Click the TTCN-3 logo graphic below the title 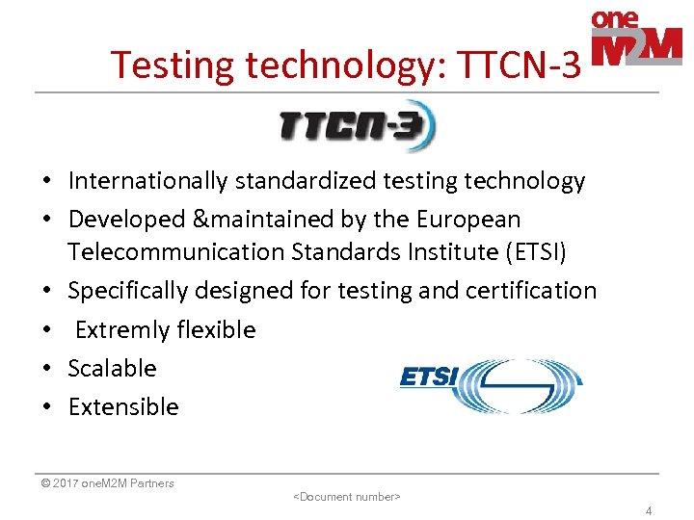[x=358, y=126]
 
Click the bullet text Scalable [x=112, y=369]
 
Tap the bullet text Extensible [x=123, y=407]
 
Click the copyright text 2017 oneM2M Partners [x=108, y=483]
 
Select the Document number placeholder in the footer [x=346, y=497]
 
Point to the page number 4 [x=649, y=511]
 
